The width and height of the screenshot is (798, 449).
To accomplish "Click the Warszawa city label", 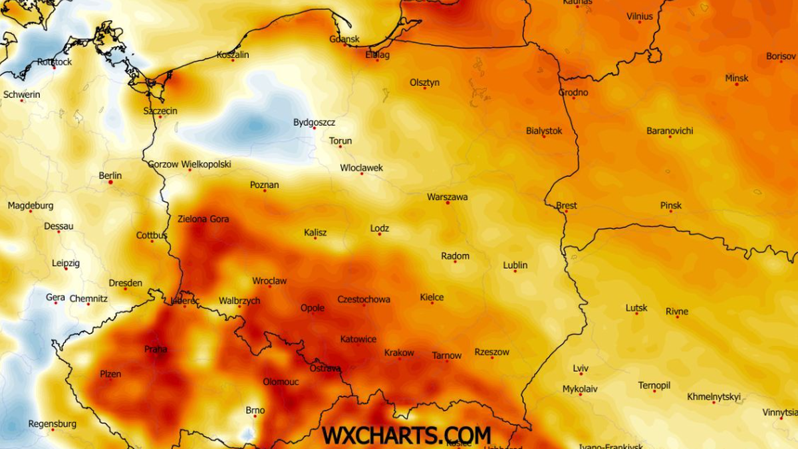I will click(447, 197).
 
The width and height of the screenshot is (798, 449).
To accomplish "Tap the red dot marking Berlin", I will click(110, 182).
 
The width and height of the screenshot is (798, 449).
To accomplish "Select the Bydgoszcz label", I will click(314, 122).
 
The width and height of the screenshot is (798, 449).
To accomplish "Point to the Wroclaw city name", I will click(269, 281).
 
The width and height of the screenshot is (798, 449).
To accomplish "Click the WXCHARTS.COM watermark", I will click(406, 435).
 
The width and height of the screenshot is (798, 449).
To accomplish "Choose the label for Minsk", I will click(736, 78).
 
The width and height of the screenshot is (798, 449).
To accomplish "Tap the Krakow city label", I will click(399, 353).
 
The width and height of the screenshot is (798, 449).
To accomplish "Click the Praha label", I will click(156, 349).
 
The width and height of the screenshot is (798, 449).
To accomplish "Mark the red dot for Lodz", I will click(380, 234).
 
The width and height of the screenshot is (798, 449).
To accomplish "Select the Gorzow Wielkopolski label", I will click(190, 164).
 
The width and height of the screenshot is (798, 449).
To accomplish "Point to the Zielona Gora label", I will click(203, 218).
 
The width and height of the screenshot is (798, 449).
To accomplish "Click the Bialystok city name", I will click(544, 130).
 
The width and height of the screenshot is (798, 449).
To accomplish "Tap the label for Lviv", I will click(581, 369).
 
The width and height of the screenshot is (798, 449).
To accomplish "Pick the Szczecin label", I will click(160, 110).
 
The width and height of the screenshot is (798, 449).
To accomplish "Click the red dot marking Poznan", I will click(265, 191).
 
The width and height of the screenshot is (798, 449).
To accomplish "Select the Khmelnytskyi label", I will click(714, 396).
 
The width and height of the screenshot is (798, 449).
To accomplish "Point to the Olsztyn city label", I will click(424, 82).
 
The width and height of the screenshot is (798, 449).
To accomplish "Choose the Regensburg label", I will click(52, 424).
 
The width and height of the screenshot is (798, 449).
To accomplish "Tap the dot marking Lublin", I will click(515, 271).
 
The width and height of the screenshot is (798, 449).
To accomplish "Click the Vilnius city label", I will click(640, 16).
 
